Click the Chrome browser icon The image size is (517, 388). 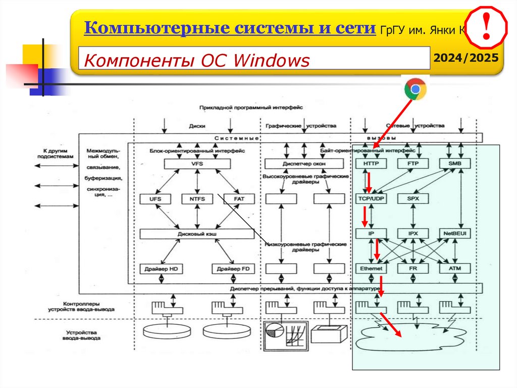point(415,90)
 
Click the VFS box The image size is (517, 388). point(197,164)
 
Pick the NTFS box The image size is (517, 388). point(197,199)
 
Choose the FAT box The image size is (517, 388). point(239,199)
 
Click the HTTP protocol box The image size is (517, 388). point(371,164)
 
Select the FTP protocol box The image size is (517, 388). point(412,164)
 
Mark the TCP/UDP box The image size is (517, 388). point(371,199)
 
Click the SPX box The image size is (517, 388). point(412,199)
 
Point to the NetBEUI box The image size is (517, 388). point(454,234)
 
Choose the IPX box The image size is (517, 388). point(412,234)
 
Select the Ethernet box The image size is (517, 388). point(371,269)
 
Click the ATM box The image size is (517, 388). point(454,269)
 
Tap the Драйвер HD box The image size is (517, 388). point(161,269)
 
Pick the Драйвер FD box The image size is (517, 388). point(232,269)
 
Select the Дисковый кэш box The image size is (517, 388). point(197,234)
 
